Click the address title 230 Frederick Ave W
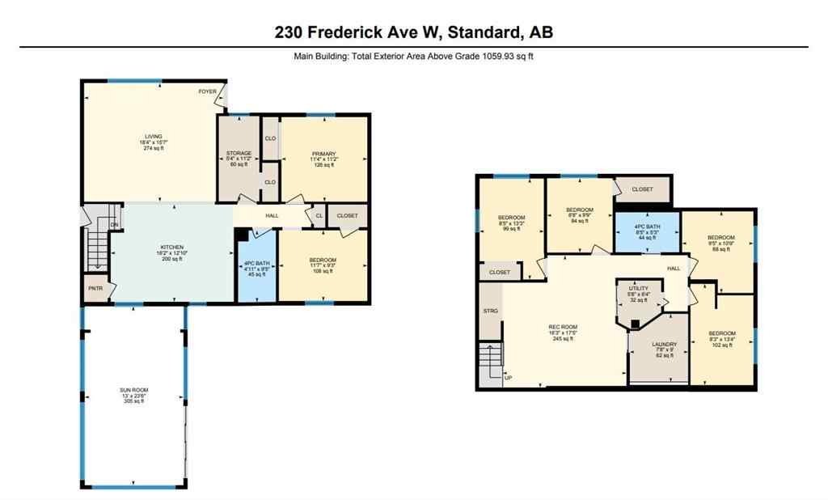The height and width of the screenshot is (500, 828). coord(413,32)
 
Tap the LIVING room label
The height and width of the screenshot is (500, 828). coord(154,137)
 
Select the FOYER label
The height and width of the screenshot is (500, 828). coord(208,91)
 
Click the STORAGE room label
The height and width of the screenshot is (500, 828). coord(239,153)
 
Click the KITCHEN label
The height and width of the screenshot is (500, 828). coord(171,248)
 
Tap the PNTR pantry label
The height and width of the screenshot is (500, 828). coord(95,288)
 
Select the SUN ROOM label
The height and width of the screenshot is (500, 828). coord(134,390)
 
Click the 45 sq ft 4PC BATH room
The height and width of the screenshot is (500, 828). coord(256,268)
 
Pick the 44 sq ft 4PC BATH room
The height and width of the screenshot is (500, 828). coord(646,229)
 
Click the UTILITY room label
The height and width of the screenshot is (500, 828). coord(639,288)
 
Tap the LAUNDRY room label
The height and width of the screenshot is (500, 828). coord(664,345)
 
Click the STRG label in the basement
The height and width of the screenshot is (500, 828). coord(490,310)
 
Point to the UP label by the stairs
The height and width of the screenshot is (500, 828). coord(508,377)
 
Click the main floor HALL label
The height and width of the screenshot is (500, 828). coord(272,216)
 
